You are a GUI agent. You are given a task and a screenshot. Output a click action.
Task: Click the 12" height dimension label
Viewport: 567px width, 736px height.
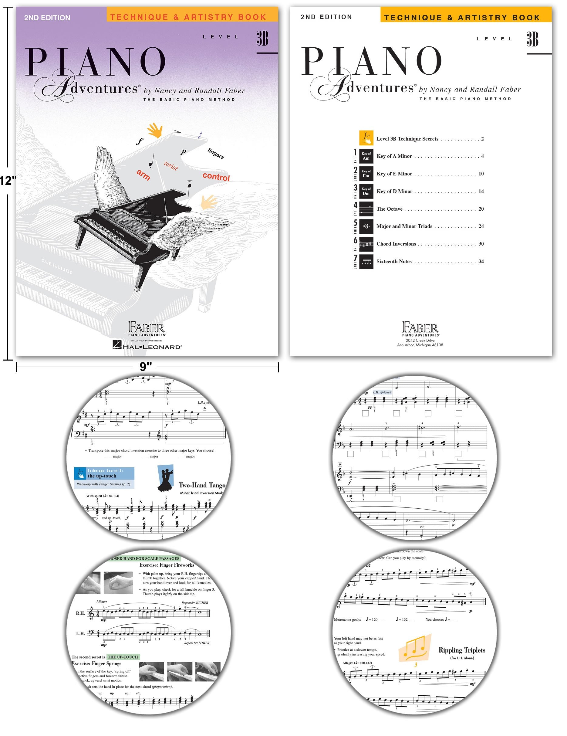tap(7, 181)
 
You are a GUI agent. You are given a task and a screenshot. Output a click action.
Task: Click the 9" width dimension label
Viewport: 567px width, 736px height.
tap(146, 367)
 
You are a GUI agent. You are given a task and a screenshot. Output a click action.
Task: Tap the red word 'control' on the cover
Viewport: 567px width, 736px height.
tap(216, 177)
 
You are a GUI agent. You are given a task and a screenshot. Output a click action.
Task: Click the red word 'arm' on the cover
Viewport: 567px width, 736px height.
tap(143, 175)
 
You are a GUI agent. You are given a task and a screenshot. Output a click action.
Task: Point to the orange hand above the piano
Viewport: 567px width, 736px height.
tap(155, 131)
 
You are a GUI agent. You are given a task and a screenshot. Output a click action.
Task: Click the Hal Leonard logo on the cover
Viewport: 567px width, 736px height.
tap(147, 345)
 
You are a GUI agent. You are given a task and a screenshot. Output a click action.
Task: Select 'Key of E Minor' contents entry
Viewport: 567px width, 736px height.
tap(394, 174)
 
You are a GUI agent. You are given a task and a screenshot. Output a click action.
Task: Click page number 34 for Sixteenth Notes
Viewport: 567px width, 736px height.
tap(481, 261)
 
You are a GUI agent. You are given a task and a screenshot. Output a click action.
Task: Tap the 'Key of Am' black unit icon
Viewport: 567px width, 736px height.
tap(366, 156)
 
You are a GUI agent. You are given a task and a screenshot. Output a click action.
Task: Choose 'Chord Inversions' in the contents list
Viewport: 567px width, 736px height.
tap(396, 244)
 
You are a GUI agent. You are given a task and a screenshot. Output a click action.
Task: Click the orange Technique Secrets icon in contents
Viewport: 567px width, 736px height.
tap(366, 138)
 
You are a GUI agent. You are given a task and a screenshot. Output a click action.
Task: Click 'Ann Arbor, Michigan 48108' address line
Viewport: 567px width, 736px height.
tap(420, 345)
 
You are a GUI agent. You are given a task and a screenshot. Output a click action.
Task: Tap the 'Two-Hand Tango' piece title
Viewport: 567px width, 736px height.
tap(202, 485)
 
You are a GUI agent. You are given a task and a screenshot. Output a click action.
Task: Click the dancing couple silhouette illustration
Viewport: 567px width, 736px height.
tap(166, 478)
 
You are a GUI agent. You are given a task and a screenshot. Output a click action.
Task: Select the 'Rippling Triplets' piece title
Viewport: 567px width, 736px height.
tap(461, 650)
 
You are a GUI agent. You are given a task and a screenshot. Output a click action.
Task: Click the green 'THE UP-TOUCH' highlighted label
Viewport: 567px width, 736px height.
tap(123, 657)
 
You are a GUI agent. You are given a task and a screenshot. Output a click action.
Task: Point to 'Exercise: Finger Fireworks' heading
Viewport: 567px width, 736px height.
tap(167, 565)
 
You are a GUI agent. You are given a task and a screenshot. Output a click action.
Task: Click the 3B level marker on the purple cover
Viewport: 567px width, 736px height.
tap(262, 39)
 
